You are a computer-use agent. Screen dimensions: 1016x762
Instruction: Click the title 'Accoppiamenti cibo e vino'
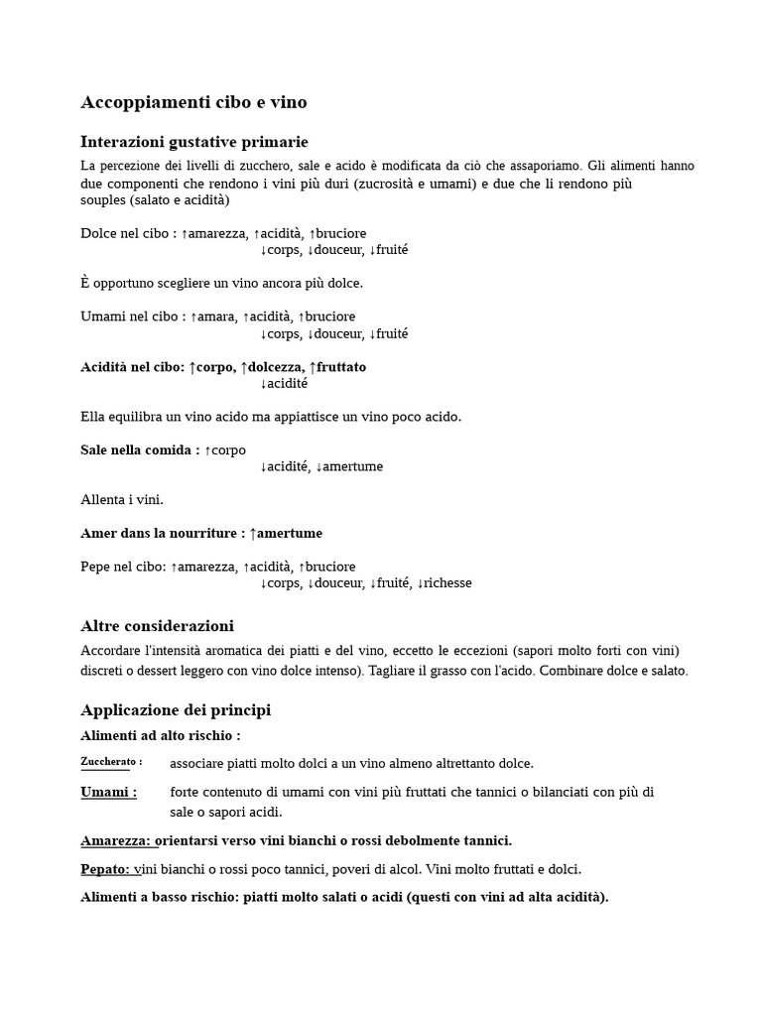193,102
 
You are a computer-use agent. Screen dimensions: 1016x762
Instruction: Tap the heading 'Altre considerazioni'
157,626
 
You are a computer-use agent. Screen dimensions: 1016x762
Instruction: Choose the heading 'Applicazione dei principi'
175,710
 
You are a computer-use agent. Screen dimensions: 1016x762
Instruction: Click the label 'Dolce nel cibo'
124,233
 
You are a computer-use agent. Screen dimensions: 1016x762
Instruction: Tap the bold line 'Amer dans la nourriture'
160,533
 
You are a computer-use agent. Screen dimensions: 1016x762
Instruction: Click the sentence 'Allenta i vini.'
122,499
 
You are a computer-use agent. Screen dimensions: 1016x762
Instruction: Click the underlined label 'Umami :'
108,792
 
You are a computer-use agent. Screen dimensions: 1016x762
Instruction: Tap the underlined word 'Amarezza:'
116,840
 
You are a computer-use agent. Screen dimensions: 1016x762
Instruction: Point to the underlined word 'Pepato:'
105,869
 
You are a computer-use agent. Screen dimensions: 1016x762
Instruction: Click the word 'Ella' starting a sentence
93,417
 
